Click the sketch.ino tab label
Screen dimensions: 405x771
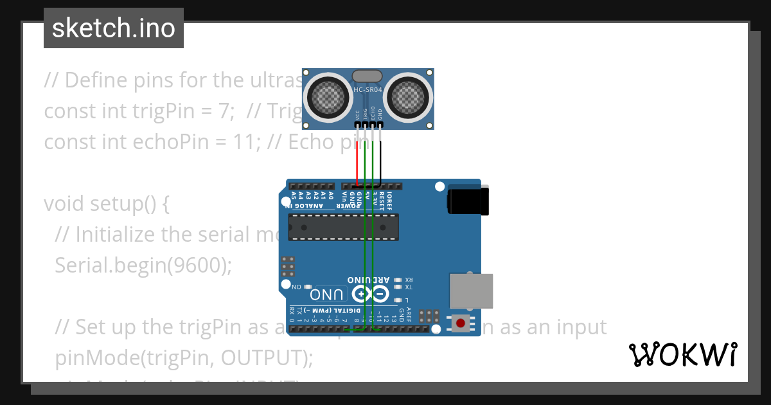pyautogui.click(x=114, y=28)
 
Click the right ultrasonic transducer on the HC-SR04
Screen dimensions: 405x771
pyautogui.click(x=408, y=96)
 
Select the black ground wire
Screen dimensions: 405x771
pyautogui.click(x=380, y=161)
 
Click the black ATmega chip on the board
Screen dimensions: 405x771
pyautogui.click(x=343, y=227)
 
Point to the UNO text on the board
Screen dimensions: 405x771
pyautogui.click(x=328, y=295)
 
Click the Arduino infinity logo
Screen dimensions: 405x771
pyautogui.click(x=369, y=294)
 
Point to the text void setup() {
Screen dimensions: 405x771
pyautogui.click(x=107, y=204)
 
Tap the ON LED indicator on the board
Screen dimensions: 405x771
pyautogui.click(x=308, y=287)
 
